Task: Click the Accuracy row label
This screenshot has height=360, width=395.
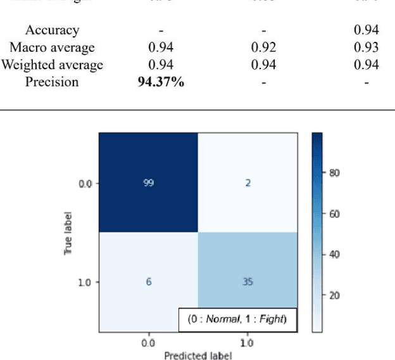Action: [x=52, y=30]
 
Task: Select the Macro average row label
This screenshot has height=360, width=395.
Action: [x=52, y=48]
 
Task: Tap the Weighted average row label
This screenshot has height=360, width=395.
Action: [x=52, y=65]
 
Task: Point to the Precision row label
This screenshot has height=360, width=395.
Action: [x=52, y=82]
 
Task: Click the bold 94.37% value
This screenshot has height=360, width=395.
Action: [x=161, y=82]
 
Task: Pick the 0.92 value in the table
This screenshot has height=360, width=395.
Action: [x=263, y=48]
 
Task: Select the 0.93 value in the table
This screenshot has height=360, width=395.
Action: [x=367, y=48]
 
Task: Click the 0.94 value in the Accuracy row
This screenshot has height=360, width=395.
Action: [x=367, y=30]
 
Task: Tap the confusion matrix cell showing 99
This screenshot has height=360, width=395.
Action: [x=148, y=183]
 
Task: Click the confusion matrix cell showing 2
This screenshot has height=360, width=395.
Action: [x=248, y=183]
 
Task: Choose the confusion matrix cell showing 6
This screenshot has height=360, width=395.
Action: [x=148, y=282]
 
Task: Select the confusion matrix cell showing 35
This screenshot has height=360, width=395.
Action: [x=248, y=282]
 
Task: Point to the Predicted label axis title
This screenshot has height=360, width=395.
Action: [x=197, y=355]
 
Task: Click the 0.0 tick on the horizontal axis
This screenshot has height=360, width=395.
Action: [x=148, y=342]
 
